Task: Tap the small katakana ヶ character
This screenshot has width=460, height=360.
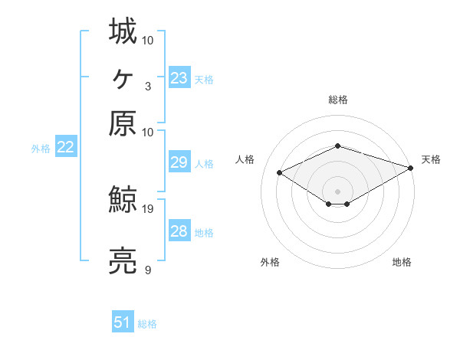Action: pyautogui.click(x=123, y=77)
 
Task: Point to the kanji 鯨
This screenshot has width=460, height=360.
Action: pyautogui.click(x=123, y=201)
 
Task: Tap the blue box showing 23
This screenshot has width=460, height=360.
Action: pyautogui.click(x=179, y=78)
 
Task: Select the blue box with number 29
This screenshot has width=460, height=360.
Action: pyautogui.click(x=179, y=162)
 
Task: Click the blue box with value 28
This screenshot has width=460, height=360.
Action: pyautogui.click(x=179, y=231)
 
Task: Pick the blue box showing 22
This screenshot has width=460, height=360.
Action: pyautogui.click(x=65, y=148)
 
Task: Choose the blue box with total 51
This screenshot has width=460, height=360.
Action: pyautogui.click(x=123, y=322)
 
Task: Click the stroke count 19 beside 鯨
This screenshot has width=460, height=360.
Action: pyautogui.click(x=149, y=208)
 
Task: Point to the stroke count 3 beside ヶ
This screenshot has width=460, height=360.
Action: pyautogui.click(x=147, y=86)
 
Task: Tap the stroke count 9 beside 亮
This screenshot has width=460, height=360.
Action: pyautogui.click(x=147, y=270)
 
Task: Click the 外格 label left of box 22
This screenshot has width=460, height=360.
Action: pyautogui.click(x=41, y=149)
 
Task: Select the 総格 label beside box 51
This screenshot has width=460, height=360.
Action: pyautogui.click(x=147, y=324)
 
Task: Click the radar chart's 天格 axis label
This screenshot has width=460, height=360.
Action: pyautogui.click(x=431, y=159)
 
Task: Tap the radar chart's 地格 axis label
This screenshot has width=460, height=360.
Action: pyautogui.click(x=402, y=263)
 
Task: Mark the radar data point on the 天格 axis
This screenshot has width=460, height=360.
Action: pyautogui.click(x=412, y=166)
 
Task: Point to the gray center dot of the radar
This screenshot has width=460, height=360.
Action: pyautogui.click(x=337, y=191)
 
